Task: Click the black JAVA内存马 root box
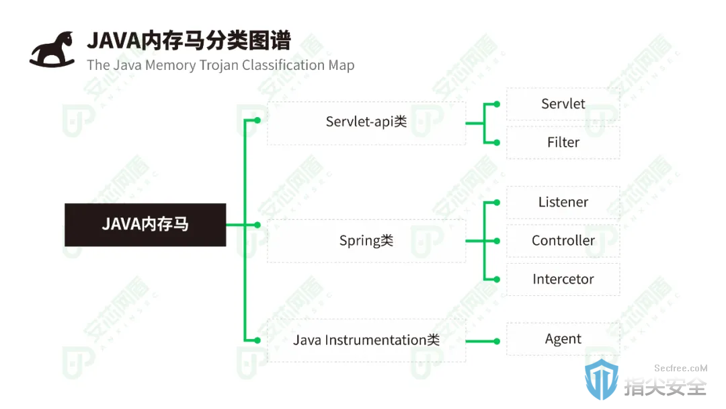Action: [145, 225]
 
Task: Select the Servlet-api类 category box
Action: [366, 123]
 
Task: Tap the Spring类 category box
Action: [366, 241]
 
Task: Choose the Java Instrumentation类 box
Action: [366, 340]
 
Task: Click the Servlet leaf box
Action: [563, 104]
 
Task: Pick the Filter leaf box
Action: [563, 143]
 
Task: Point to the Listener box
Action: [563, 202]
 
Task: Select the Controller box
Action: [563, 241]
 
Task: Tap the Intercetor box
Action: [563, 279]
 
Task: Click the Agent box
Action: [563, 339]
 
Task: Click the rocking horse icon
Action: [52, 50]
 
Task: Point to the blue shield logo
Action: [602, 379]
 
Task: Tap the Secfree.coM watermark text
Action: [680, 368]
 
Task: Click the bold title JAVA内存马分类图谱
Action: [189, 40]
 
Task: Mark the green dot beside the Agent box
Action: [497, 341]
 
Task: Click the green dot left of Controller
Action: [497, 241]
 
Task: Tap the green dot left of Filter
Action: [497, 143]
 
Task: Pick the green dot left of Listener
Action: [497, 202]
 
